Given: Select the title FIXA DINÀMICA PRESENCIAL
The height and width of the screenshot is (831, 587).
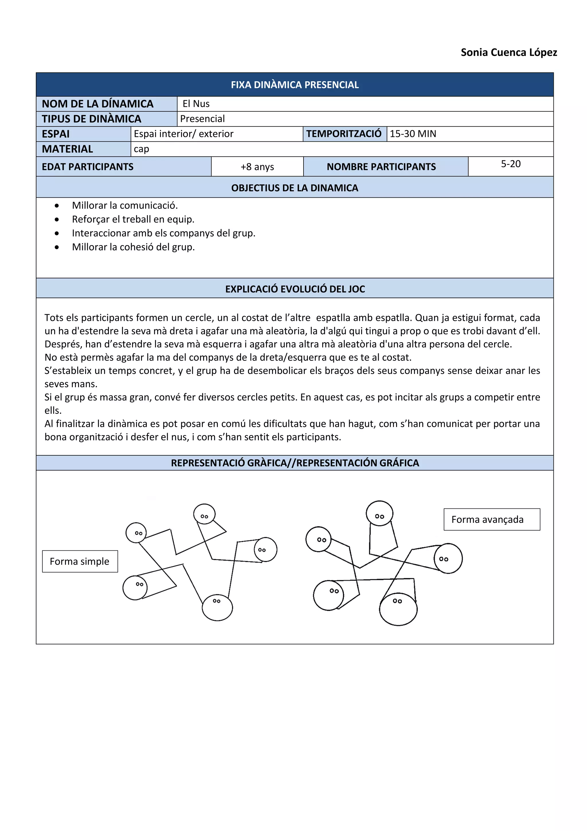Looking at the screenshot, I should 295,85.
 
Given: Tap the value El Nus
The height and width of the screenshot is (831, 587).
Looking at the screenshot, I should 196,104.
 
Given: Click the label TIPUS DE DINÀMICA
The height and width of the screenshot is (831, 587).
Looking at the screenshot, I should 91,119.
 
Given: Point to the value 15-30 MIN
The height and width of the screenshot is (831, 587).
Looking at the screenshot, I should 413,134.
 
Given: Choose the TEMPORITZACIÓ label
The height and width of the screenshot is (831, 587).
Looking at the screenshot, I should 344,134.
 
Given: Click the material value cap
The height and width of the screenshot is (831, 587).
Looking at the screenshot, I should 141,149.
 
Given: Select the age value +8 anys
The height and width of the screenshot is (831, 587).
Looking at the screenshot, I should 257,167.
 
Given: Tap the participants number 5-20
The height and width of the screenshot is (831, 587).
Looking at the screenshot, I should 510,164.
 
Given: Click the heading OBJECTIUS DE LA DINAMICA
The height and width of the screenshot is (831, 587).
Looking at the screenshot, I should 295,188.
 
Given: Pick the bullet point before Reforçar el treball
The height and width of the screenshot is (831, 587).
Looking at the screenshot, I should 57,219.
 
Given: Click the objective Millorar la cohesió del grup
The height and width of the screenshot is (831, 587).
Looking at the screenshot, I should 133,247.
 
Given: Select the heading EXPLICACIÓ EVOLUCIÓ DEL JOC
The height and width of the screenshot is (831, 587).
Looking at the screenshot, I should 295,289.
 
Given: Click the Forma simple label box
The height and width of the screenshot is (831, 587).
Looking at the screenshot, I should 79,561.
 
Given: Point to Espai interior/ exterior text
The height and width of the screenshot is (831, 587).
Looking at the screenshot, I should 183,134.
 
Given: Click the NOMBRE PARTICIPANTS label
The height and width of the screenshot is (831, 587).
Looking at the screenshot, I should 381,167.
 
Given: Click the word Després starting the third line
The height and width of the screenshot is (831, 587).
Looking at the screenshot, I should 62,344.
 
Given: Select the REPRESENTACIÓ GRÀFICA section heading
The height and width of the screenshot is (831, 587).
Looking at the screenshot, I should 295,463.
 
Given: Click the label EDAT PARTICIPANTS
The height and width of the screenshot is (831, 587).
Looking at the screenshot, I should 87,167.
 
